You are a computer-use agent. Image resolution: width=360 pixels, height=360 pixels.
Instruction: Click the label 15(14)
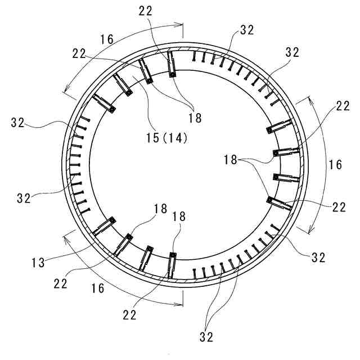pos(167,138)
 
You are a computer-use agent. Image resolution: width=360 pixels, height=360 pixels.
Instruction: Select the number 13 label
pos(38,263)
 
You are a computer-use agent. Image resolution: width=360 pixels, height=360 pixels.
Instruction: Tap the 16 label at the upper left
pos(107,39)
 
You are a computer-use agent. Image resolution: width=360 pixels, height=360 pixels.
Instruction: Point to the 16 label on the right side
pos(335,165)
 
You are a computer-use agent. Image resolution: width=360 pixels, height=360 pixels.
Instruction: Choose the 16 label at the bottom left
pos(98,288)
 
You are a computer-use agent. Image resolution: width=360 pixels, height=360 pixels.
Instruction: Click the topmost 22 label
pos(145,11)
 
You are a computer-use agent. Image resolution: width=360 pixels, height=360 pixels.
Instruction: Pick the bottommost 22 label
pos(129,315)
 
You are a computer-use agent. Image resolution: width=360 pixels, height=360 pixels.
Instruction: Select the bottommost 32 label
pos(206,337)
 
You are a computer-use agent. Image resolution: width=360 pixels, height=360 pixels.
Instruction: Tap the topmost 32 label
pos(247,30)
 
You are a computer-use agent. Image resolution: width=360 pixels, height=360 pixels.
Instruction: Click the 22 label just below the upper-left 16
pos(79,54)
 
